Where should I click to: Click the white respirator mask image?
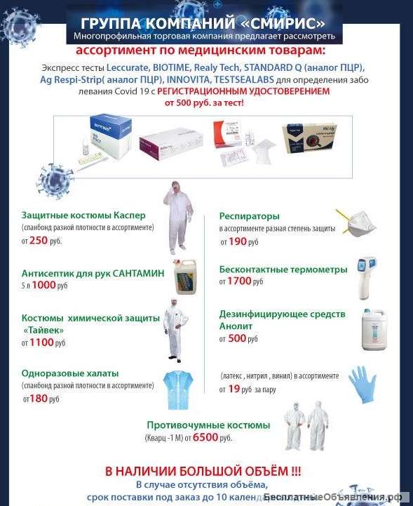[356, 221]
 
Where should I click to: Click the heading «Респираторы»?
[249, 216]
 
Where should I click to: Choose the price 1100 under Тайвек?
[41, 342]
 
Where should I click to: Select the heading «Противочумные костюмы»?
[208, 425]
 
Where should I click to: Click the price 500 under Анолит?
[238, 338]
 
